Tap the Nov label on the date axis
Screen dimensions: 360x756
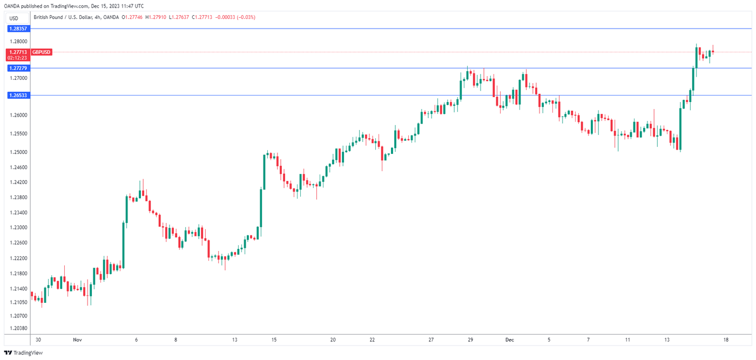click(x=77, y=340)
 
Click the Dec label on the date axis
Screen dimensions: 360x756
click(x=510, y=340)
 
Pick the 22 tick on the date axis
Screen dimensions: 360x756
click(x=372, y=340)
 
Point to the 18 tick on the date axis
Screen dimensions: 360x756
click(x=726, y=340)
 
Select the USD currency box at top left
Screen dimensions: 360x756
click(x=14, y=18)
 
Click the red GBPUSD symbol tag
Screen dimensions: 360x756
click(x=42, y=52)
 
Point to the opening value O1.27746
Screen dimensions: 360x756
click(x=133, y=17)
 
